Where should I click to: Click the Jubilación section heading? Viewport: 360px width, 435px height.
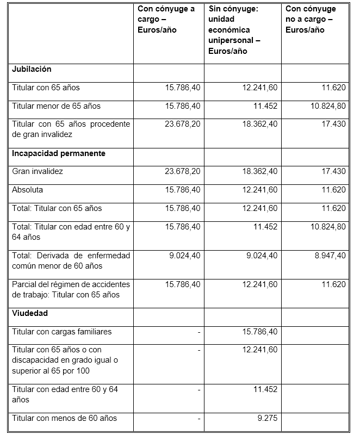click(32, 70)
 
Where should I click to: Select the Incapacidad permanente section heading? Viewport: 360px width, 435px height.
click(59, 153)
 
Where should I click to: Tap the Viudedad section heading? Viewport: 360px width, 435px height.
click(30, 313)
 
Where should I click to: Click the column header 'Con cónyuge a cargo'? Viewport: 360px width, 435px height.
click(166, 19)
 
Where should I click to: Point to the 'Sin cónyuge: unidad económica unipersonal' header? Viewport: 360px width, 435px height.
click(234, 29)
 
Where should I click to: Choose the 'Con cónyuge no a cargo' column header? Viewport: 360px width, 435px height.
click(311, 19)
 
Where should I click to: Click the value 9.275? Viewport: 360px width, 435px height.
click(267, 418)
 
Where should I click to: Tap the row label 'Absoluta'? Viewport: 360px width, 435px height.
click(27, 190)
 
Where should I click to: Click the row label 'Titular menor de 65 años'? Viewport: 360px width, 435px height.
click(56, 106)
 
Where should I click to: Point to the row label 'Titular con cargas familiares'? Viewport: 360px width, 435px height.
click(62, 332)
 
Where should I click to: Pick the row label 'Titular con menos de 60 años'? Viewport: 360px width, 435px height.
click(64, 418)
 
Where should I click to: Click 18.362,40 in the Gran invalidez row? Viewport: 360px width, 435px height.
click(259, 171)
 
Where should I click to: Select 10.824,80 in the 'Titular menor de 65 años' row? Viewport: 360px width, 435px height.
click(328, 106)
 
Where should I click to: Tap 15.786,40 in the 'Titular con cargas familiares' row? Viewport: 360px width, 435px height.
click(259, 332)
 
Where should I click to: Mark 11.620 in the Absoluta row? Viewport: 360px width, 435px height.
click(333, 190)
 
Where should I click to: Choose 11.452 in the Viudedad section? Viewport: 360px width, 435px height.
click(265, 389)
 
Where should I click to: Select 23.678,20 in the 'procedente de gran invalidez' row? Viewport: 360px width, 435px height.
click(182, 124)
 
